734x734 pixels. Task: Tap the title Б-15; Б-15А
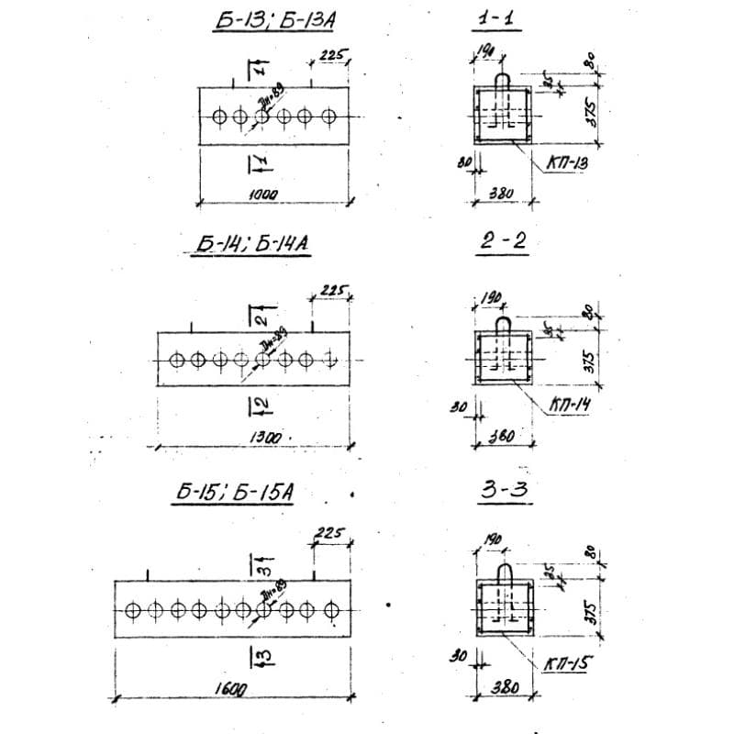(x=235, y=493)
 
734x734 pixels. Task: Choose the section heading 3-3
(x=505, y=491)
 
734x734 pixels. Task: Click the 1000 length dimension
(x=263, y=195)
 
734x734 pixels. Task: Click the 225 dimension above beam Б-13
(x=332, y=57)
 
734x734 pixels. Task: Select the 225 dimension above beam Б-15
(x=328, y=532)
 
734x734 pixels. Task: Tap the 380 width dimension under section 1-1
(x=501, y=194)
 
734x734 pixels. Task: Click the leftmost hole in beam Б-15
(x=134, y=610)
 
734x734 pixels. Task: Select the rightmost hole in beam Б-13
(x=329, y=117)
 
